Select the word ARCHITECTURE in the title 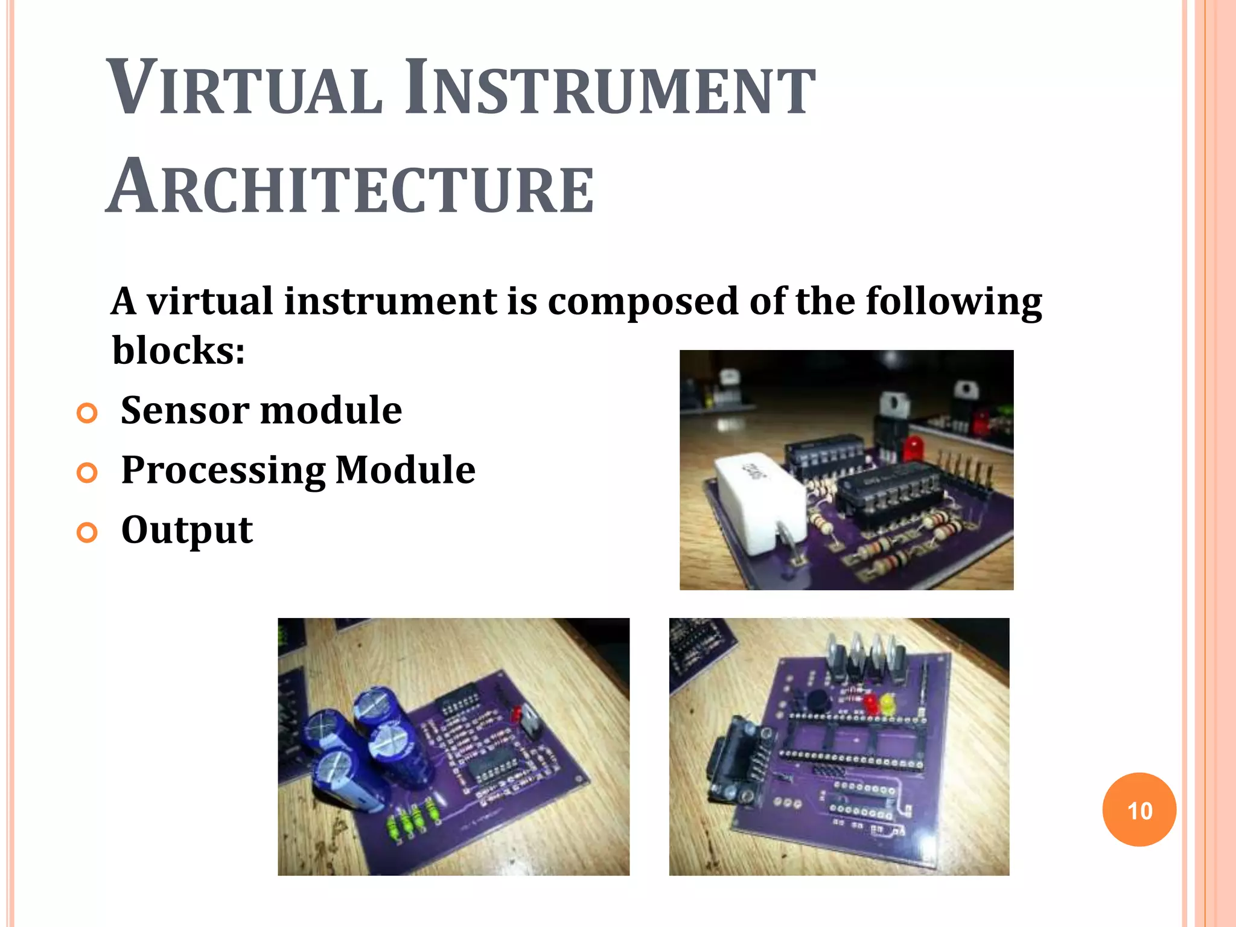tap(351, 187)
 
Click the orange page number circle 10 tap(1139, 809)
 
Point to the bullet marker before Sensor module tap(88, 413)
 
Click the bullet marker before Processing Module tap(88, 473)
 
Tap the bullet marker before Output tap(88, 532)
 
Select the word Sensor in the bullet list tap(183, 410)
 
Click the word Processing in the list tap(223, 471)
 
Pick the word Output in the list tap(187, 530)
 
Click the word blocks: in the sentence tap(179, 350)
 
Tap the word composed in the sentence tap(642, 301)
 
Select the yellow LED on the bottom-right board tap(888, 704)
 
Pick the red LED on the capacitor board tap(517, 715)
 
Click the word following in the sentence tap(954, 301)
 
